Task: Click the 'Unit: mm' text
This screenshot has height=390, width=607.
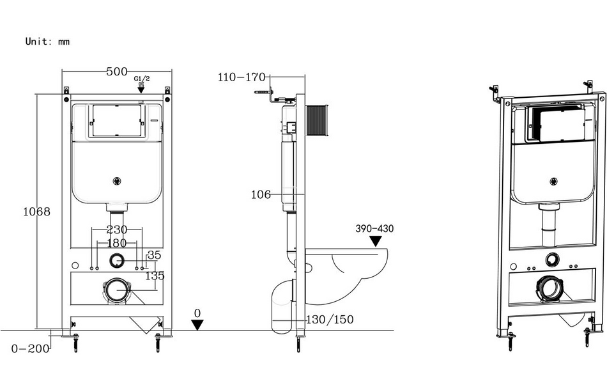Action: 47,42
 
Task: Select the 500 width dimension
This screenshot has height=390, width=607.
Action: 116,72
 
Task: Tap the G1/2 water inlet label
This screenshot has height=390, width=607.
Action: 141,79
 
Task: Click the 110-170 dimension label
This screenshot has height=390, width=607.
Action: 242,78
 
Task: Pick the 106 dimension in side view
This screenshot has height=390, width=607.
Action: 261,194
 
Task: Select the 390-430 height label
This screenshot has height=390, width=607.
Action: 375,229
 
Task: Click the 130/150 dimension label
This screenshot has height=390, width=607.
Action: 330,319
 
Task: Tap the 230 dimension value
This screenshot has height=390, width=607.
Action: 116,230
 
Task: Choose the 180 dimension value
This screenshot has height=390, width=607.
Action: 116,243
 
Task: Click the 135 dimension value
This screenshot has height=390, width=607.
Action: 154,276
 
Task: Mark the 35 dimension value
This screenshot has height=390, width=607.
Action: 154,254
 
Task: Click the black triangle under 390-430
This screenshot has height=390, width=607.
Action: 376,242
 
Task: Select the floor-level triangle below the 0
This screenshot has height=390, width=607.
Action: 197,325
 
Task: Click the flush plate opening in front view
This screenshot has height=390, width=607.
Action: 116,120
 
